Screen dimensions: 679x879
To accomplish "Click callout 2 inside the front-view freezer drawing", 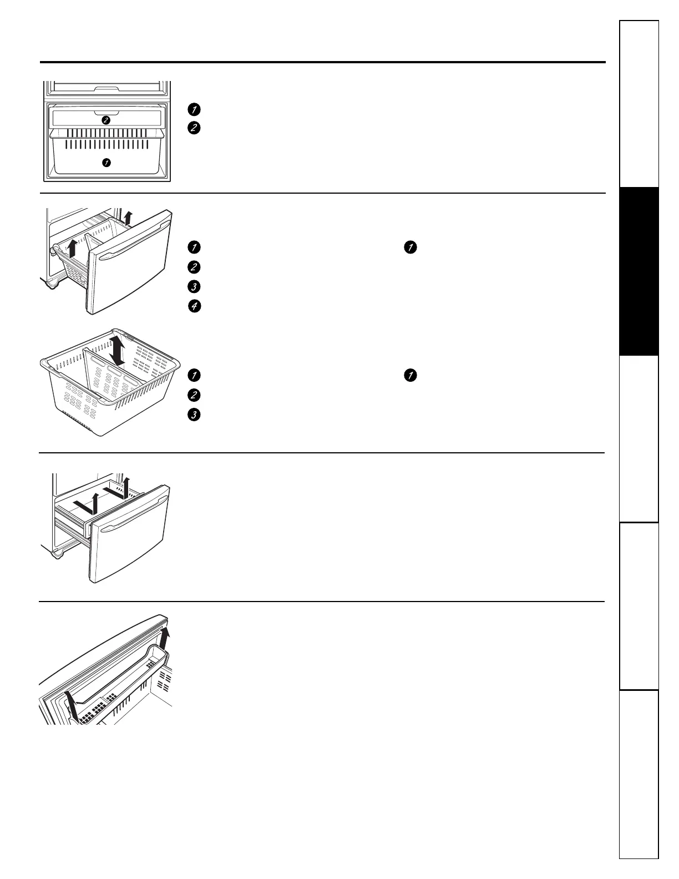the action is tap(106, 120).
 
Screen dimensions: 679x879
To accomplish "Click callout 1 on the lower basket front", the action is tap(106, 163).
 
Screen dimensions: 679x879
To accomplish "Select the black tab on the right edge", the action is tap(639, 271).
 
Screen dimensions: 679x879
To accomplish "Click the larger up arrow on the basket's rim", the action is tap(71, 248).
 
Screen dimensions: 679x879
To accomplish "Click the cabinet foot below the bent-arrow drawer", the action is tap(57, 553).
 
